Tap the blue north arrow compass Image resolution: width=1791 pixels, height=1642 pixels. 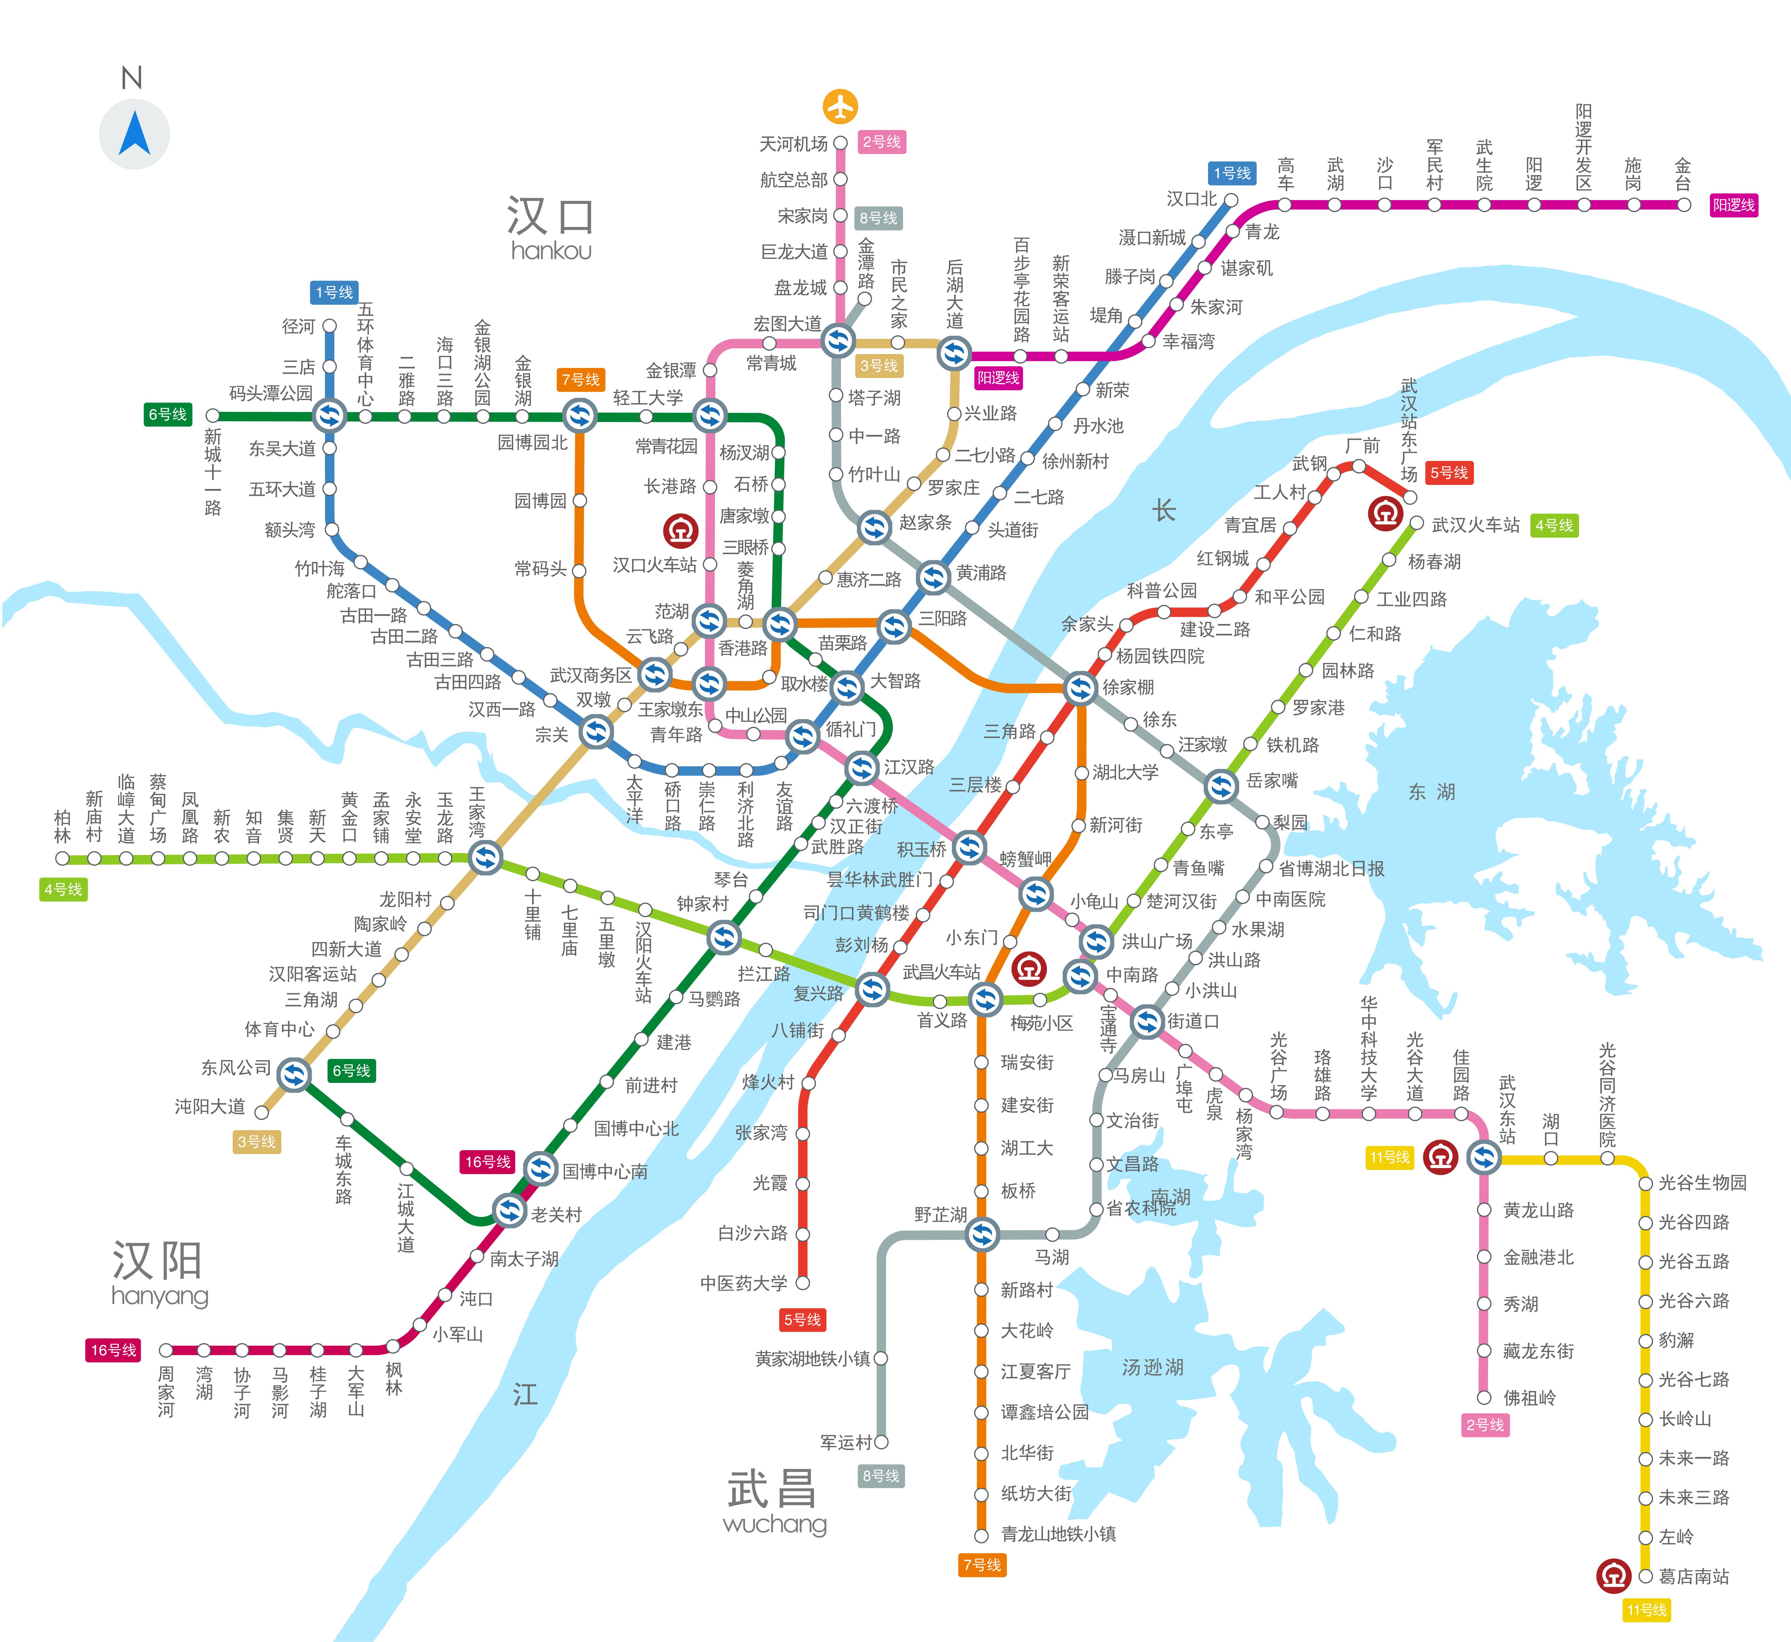(x=134, y=134)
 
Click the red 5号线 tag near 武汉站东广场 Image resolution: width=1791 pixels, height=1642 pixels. (x=1449, y=473)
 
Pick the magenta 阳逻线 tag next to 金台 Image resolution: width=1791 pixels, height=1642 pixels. (x=1734, y=205)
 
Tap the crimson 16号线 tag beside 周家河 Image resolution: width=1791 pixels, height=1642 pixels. (x=114, y=1350)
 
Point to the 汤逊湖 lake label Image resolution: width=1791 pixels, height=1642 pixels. (x=1153, y=1368)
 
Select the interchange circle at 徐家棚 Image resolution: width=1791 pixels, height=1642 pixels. (x=1080, y=687)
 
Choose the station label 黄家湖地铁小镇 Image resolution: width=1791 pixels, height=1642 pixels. (x=812, y=1359)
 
